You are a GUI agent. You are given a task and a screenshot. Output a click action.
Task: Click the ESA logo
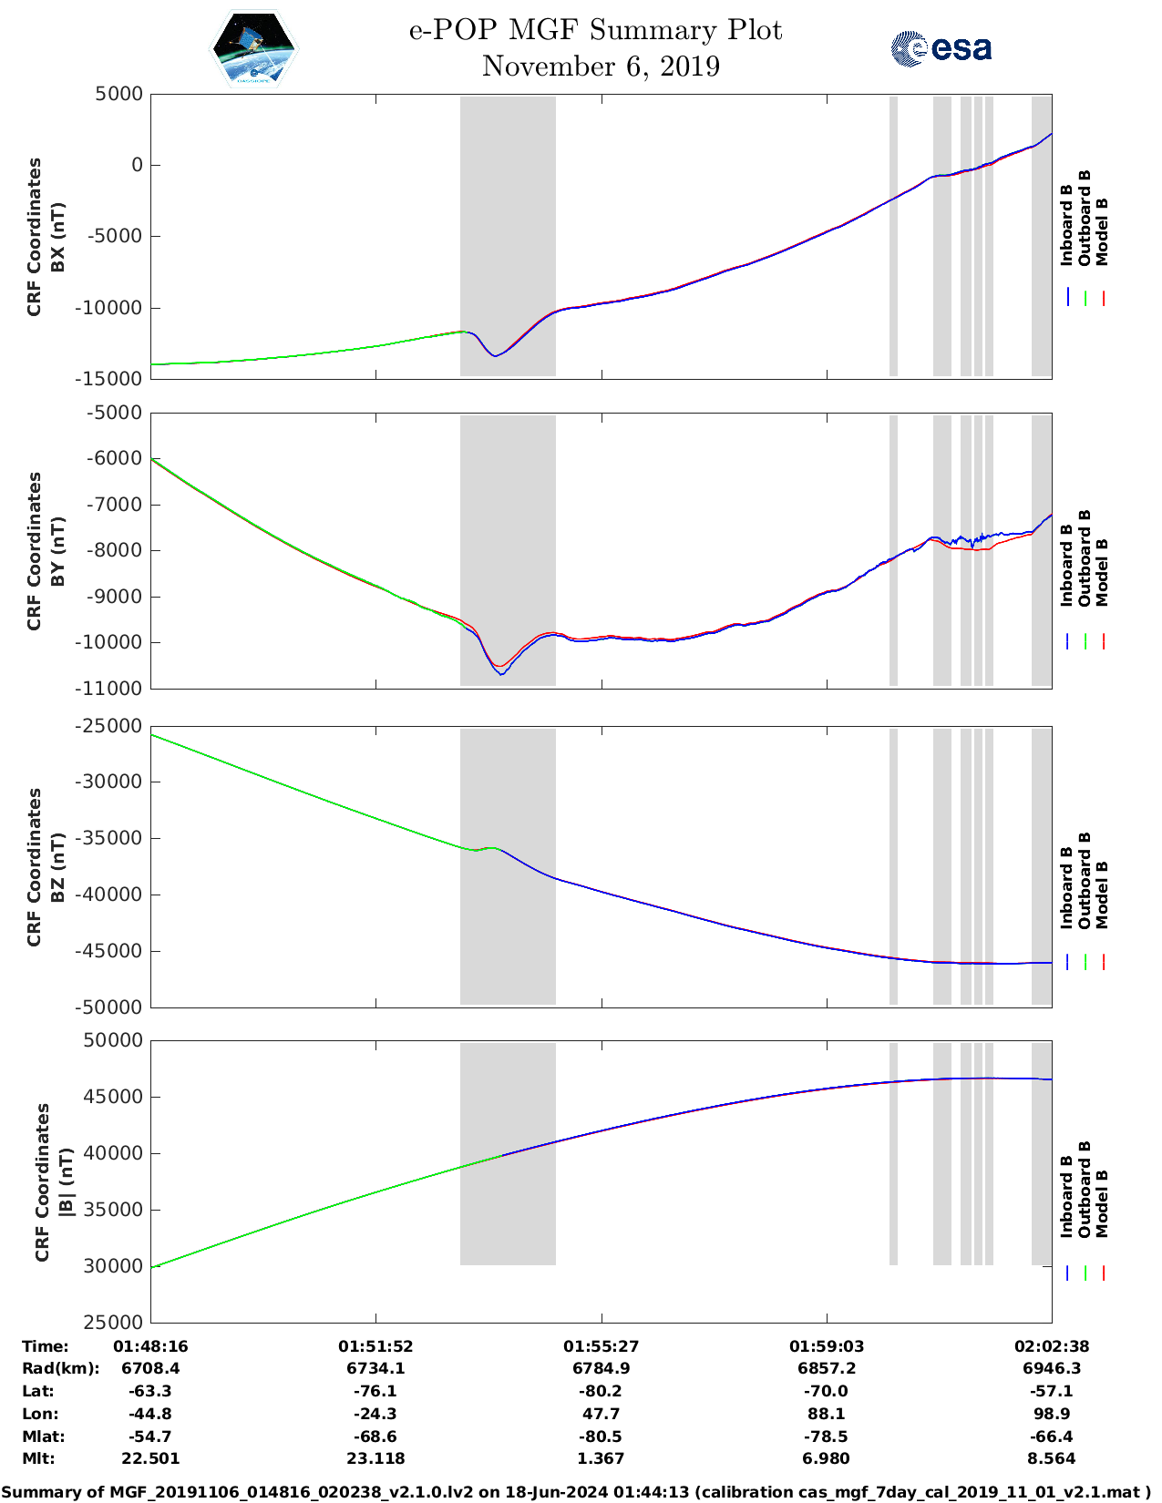(x=941, y=48)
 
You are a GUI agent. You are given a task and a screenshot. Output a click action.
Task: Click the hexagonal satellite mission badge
(x=253, y=48)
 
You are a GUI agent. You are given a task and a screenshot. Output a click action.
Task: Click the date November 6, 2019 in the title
(x=601, y=66)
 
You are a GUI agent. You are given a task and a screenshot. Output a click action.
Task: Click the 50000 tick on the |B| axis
(x=113, y=1040)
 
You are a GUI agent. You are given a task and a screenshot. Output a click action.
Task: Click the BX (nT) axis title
(x=57, y=237)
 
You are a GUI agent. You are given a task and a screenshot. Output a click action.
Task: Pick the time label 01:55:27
(x=601, y=1346)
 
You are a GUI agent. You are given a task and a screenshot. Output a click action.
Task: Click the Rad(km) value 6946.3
(x=1052, y=1368)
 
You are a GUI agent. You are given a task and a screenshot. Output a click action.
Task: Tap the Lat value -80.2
(x=601, y=1391)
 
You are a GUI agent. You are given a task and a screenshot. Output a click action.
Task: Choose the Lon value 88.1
(x=827, y=1414)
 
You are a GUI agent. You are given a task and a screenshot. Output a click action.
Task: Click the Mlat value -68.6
(x=375, y=1437)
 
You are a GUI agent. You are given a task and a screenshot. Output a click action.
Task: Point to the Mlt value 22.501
(x=150, y=1458)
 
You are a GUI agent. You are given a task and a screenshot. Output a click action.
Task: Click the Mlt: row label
(x=38, y=1458)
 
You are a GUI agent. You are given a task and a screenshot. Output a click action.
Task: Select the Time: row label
(x=46, y=1346)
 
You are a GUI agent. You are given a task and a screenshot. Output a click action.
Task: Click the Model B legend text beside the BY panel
(x=1102, y=572)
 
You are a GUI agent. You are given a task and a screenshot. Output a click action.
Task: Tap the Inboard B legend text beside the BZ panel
(x=1067, y=888)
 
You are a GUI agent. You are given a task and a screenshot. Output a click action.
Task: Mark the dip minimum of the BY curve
(x=501, y=674)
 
